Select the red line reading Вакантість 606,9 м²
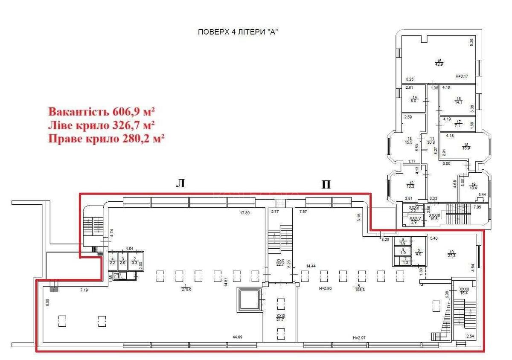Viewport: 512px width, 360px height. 102,112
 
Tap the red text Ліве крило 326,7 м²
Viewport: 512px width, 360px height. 102,125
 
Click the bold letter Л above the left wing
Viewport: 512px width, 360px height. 180,183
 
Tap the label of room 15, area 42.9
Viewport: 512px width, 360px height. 438,62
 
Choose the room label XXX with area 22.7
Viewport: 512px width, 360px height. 280,262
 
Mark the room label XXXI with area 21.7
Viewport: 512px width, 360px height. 280,317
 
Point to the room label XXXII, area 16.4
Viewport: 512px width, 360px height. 464,291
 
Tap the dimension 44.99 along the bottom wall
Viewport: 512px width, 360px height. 238,337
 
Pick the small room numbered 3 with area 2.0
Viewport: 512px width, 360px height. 122,261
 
